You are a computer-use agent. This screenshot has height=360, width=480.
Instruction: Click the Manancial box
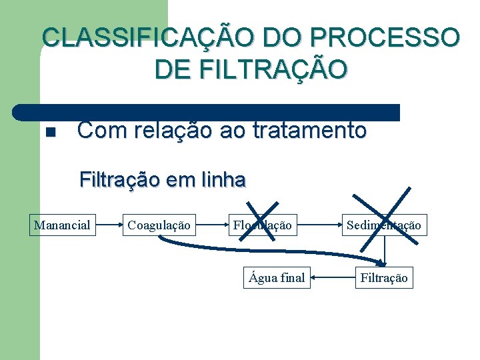(62, 225)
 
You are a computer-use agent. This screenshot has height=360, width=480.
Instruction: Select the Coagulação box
(159, 225)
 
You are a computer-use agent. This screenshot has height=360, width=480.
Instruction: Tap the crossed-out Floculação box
(262, 225)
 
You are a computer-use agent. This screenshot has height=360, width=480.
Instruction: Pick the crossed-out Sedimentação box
(383, 225)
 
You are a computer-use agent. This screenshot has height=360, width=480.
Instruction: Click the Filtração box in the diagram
(383, 277)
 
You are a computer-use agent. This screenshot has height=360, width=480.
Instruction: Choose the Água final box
(277, 277)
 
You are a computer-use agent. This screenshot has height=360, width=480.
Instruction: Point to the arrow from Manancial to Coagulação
(108, 225)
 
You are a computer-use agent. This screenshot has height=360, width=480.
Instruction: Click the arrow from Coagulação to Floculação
(211, 225)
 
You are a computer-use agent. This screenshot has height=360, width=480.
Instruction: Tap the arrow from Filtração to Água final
(333, 277)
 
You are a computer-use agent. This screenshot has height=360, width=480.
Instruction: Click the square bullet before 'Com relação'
(49, 132)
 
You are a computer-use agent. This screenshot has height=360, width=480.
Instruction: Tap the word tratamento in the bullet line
(310, 131)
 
